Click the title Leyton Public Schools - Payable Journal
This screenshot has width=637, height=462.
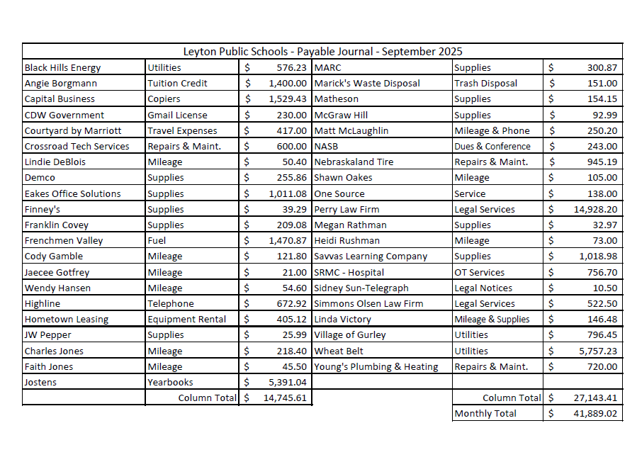tap(322, 52)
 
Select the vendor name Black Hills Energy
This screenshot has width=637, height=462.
tap(63, 68)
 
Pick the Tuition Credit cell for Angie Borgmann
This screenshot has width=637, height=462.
tap(177, 84)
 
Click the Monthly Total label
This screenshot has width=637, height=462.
tap(485, 414)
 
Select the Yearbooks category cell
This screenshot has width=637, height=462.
tap(170, 383)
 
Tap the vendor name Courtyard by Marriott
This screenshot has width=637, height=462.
tap(73, 131)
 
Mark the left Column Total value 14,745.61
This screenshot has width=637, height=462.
tap(285, 398)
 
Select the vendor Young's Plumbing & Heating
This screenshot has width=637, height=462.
tap(376, 367)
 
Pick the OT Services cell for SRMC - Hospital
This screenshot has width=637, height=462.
tap(480, 273)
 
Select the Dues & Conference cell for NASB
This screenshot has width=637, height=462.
tap(492, 147)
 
